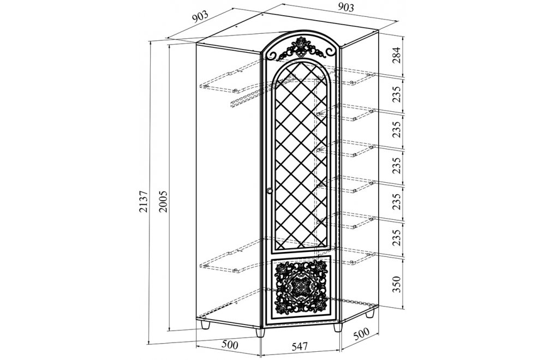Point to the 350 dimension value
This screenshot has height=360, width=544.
(x=396, y=284)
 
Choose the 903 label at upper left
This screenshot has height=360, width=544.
(x=201, y=17)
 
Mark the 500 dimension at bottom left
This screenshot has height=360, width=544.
(x=230, y=345)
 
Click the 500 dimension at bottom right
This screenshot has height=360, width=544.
(x=361, y=334)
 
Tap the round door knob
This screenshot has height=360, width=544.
(x=270, y=190)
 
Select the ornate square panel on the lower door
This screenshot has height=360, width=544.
(x=300, y=286)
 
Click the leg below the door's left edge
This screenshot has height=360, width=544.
(x=260, y=332)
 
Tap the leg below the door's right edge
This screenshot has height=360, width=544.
(x=338, y=328)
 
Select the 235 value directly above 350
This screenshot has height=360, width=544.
(x=396, y=238)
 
